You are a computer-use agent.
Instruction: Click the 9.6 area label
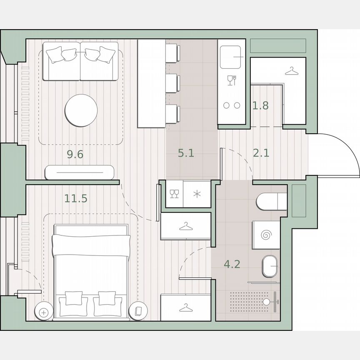75,155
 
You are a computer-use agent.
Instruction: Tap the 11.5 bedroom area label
76,198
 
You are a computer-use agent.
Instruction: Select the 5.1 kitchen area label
186,153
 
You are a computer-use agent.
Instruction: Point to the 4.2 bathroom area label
232,264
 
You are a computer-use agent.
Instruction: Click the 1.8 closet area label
260,105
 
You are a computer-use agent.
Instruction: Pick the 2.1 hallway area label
261,153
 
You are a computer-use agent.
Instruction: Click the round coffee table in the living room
81,110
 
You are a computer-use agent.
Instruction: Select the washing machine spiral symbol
266,235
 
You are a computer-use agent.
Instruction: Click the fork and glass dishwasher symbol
232,80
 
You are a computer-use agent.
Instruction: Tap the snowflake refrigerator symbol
197,194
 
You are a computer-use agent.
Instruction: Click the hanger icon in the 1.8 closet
292,72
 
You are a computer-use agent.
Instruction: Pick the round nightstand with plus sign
43,311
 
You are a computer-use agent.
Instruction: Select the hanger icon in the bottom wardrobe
185,307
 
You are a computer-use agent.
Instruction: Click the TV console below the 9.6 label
79,172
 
